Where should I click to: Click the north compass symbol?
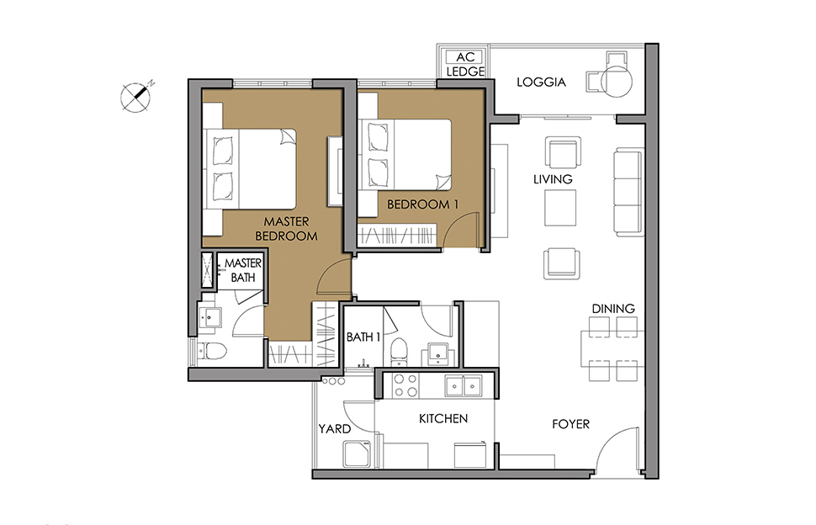pos(135,98)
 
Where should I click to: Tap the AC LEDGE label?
pos(465,65)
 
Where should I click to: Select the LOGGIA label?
pos(541,82)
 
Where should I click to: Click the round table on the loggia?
pos(617,81)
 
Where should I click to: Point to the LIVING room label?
pos(553,179)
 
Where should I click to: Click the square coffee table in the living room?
pos(560,208)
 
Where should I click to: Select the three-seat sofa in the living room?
pos(628,192)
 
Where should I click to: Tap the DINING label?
pos(613,309)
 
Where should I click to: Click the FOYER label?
pos(571,425)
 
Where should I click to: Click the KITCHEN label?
pos(443,419)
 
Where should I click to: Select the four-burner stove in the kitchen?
pos(406,385)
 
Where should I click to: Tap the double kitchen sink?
pos(464,385)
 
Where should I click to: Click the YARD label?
pos(335,429)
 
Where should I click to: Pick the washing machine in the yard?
pos(357,453)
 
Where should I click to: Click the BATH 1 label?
pos(363,337)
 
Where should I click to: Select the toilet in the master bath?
pos(213,350)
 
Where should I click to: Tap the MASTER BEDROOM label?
pos(286,229)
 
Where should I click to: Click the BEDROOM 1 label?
pos(422,204)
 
